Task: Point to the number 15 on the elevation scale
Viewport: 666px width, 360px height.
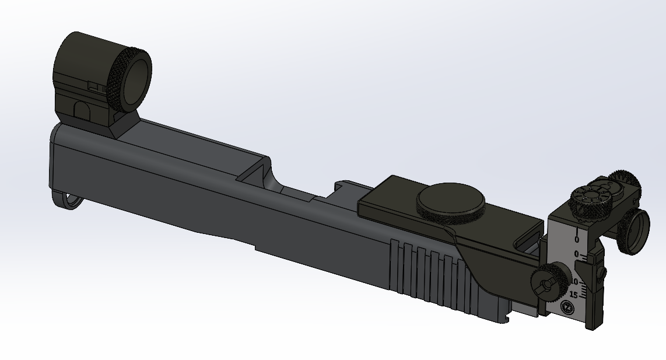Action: pyautogui.click(x=573, y=294)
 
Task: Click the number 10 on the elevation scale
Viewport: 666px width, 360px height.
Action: pyautogui.click(x=574, y=281)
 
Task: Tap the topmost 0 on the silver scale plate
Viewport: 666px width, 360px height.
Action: pyautogui.click(x=577, y=239)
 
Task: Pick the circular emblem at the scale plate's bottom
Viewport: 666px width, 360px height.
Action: pyautogui.click(x=565, y=308)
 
